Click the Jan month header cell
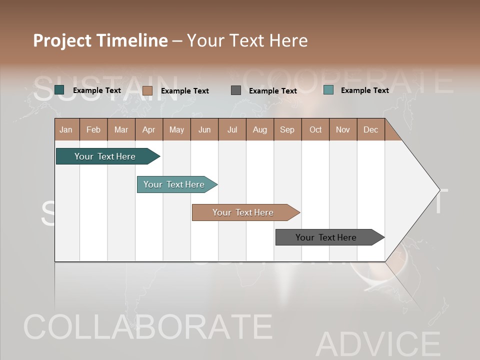(x=66, y=129)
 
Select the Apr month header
(x=148, y=129)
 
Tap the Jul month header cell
(x=232, y=129)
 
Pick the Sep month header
(x=287, y=129)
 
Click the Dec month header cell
(x=370, y=129)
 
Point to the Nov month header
(x=342, y=129)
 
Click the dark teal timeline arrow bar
(x=105, y=156)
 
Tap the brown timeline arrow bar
(x=243, y=212)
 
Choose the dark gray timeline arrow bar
(x=326, y=237)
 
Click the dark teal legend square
(x=59, y=90)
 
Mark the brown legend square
(x=147, y=90)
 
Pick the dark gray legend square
(x=236, y=90)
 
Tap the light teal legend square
(x=328, y=90)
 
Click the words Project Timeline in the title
(x=100, y=40)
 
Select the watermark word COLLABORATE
(x=148, y=327)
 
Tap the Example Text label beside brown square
(x=185, y=91)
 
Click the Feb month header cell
(x=93, y=129)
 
